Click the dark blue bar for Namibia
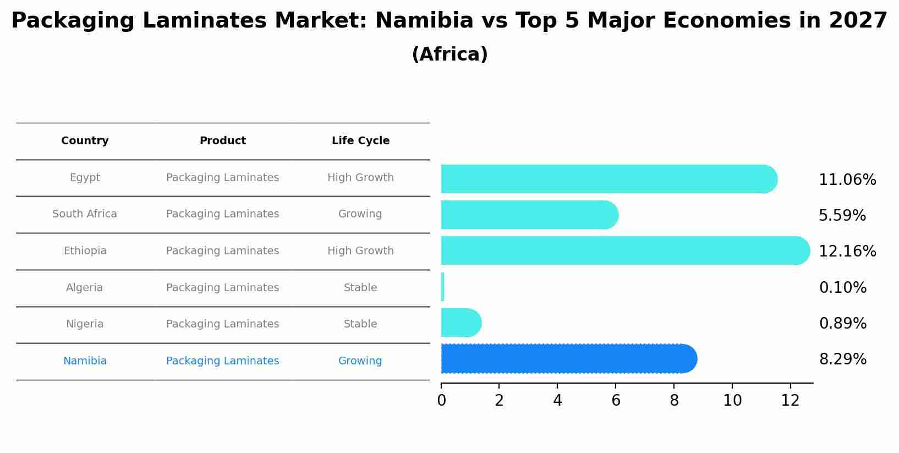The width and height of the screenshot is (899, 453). [567, 359]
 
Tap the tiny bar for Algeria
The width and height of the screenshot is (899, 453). [443, 287]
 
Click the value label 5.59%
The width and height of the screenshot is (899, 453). [842, 216]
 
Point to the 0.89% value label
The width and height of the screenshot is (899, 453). [842, 324]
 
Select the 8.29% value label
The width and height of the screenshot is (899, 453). [842, 359]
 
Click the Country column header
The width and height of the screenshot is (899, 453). [85, 141]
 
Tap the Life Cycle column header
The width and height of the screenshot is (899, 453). [360, 141]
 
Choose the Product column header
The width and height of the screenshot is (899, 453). [222, 141]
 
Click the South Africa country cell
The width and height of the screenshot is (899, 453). [85, 214]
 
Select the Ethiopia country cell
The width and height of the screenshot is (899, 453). [85, 251]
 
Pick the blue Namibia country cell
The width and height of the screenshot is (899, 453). [85, 361]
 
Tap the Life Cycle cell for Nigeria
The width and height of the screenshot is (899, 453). [360, 324]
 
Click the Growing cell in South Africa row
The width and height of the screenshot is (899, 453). [360, 214]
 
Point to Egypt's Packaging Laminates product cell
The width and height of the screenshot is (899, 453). [222, 178]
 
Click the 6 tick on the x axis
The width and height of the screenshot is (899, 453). [616, 401]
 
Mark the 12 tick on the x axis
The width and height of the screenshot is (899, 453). [790, 401]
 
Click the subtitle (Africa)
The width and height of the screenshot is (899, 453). [450, 54]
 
